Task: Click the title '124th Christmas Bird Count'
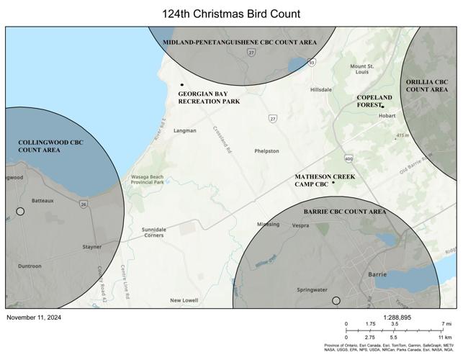coord(231,14)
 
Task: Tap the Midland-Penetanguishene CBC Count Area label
coord(239,42)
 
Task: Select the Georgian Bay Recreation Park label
coord(209,98)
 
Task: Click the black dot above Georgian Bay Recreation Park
coord(182,85)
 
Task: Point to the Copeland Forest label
coord(374,101)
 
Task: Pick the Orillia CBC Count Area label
coord(427,86)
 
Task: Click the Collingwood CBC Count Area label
coord(50,146)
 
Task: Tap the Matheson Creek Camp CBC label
coord(325,180)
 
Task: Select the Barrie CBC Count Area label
coord(344,212)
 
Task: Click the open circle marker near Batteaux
coord(20,211)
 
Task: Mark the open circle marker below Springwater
coord(336,300)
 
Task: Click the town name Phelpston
coord(266,151)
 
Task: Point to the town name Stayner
coord(91,246)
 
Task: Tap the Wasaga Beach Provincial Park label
coord(147,179)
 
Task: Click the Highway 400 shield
coord(349,158)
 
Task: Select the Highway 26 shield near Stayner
coord(84,205)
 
